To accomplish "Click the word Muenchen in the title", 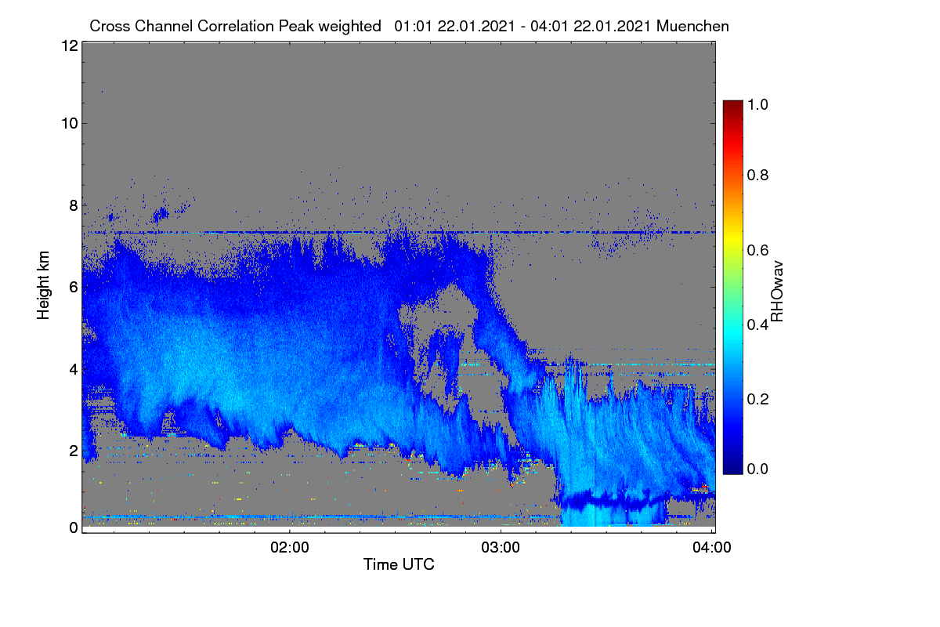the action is (692, 26).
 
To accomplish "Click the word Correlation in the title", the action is (236, 26).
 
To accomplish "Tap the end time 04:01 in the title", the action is (549, 26).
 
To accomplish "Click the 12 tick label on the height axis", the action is (70, 45).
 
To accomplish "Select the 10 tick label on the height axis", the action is (70, 124).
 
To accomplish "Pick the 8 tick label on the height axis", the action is (74, 205).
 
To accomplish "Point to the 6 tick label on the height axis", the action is (74, 288).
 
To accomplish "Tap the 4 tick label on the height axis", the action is (74, 370).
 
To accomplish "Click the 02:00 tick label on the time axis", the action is (290, 548).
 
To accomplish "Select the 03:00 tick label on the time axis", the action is (501, 548).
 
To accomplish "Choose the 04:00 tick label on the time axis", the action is (712, 548).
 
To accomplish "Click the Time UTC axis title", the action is (399, 564).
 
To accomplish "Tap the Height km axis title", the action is (43, 285).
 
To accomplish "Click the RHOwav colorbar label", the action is (777, 292).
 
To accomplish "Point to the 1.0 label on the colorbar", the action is (757, 104).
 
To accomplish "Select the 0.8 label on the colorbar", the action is (757, 175).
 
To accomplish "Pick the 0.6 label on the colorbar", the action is (757, 250).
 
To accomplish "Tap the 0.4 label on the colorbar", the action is (757, 324).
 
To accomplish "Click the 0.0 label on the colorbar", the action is (757, 469).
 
